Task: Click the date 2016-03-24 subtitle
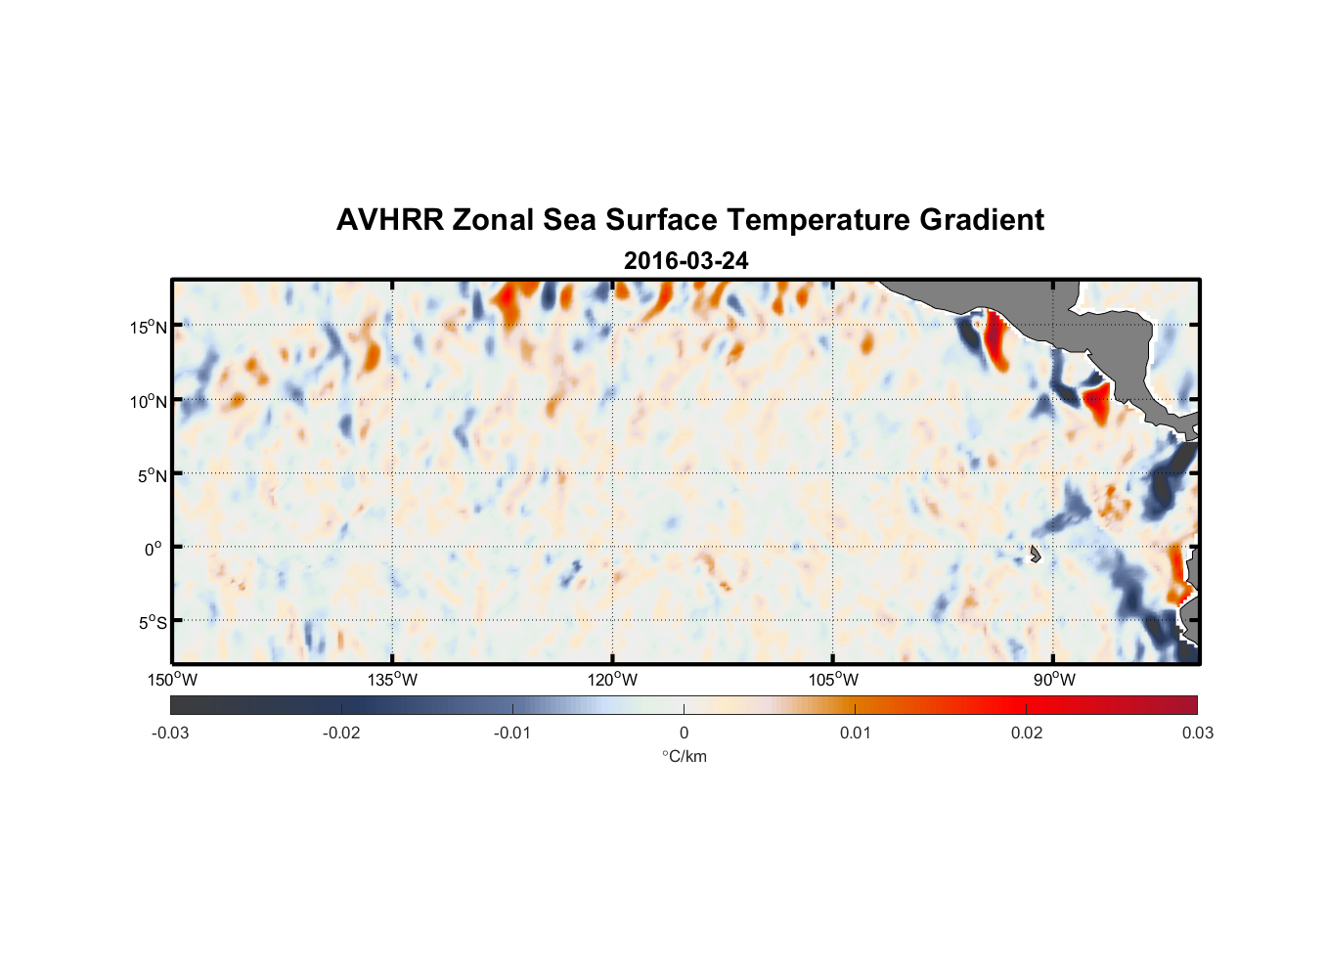click(685, 261)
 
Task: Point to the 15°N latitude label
click(149, 327)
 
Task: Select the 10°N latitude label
click(149, 401)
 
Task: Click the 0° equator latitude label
click(153, 549)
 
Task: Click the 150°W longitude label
click(172, 680)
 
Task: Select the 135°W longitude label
click(392, 680)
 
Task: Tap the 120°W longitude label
click(612, 680)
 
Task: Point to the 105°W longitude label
click(832, 680)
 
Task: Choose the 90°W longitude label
click(1053, 680)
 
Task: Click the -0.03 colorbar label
click(170, 733)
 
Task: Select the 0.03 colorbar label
click(1197, 733)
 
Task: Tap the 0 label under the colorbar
click(684, 733)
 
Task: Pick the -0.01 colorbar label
click(512, 733)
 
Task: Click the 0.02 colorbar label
click(1026, 733)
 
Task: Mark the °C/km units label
click(684, 756)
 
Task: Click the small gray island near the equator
click(1035, 554)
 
